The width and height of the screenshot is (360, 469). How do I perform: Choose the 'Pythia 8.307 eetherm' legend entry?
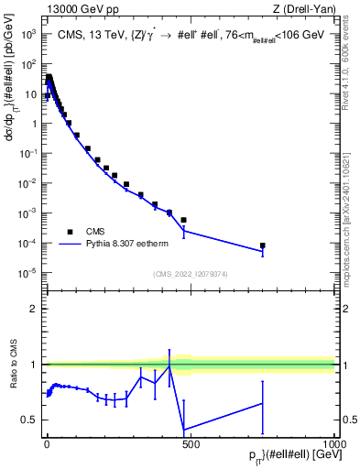pos(134,245)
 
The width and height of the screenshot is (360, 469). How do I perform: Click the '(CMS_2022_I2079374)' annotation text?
pos(191,273)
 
